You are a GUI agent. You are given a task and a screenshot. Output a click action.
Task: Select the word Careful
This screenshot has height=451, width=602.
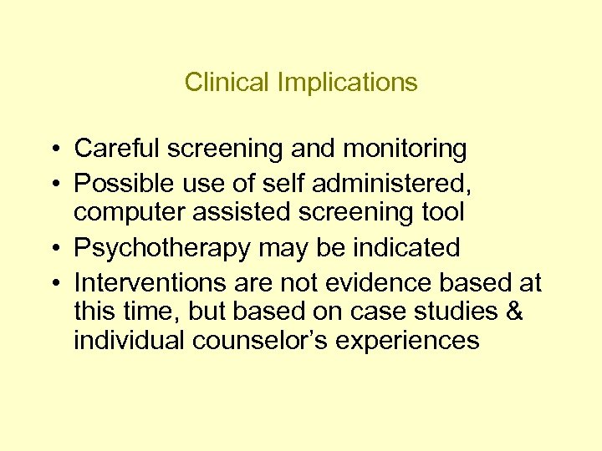[x=117, y=149]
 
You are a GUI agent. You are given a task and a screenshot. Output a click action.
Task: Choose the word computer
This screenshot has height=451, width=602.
[x=129, y=212]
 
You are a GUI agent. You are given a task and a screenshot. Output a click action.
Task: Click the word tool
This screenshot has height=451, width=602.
[x=441, y=212]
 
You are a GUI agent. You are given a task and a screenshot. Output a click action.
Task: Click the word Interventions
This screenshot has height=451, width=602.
[x=147, y=283]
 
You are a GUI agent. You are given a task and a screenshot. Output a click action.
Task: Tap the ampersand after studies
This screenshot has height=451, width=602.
[x=514, y=312]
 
